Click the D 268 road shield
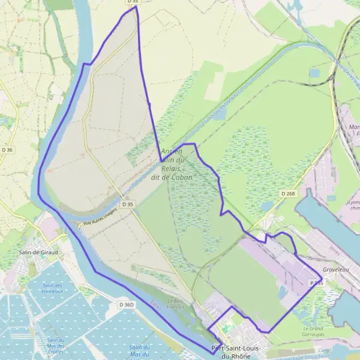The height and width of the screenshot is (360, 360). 287,193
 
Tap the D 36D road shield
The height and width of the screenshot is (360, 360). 127,305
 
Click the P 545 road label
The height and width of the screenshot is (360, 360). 316,281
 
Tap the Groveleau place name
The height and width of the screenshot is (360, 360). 335,270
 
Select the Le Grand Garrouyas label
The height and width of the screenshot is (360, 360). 313,331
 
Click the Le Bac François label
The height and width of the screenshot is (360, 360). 175,304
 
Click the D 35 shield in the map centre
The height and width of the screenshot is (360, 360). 126,205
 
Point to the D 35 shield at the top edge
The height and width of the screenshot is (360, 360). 132,2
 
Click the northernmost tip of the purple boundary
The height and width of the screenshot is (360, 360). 136,7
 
